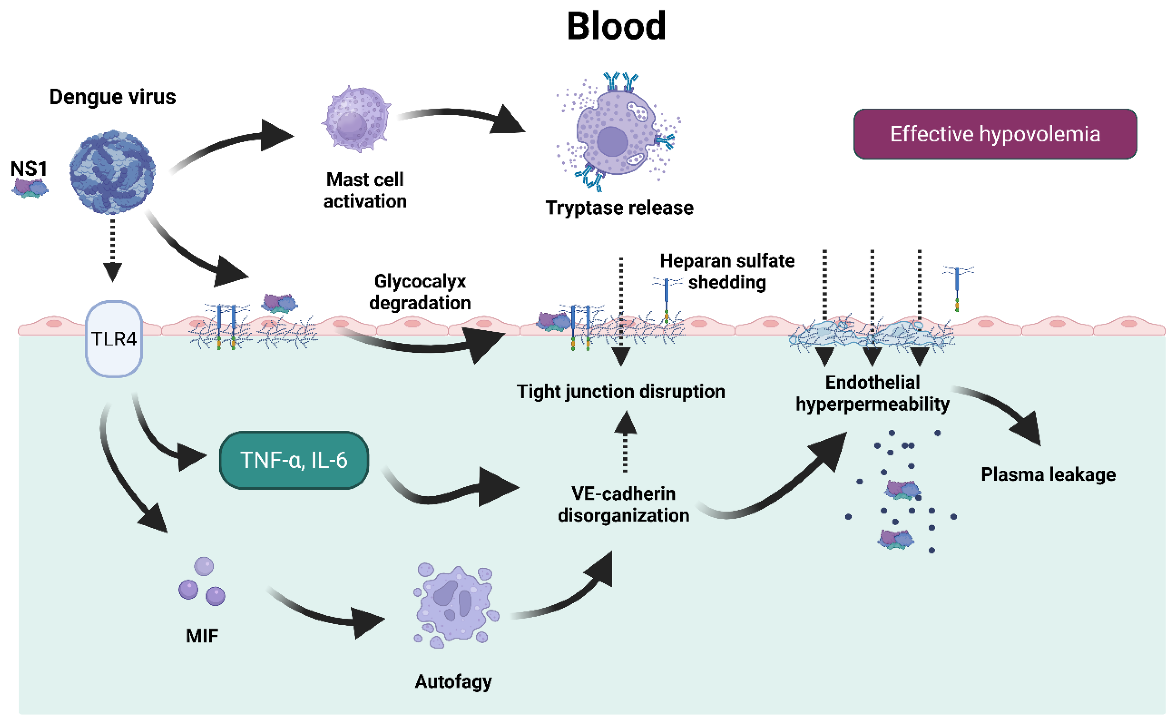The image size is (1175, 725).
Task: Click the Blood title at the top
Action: pos(616,26)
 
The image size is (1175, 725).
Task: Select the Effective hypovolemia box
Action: pos(995,134)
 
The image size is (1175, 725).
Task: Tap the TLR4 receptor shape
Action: pos(114,338)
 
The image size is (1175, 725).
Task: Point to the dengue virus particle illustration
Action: pos(112,172)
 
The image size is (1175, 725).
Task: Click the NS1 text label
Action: pos(29,169)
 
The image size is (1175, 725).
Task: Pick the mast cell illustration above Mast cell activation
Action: pos(356,119)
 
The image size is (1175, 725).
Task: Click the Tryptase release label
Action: pos(619,208)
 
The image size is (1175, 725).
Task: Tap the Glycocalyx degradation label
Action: pos(420,292)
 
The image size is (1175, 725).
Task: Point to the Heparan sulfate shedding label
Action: pos(727,271)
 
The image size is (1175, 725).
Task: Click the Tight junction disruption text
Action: pos(620,392)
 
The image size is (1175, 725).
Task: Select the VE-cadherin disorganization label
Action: pos(623,504)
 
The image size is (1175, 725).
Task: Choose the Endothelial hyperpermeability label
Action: pos(872,393)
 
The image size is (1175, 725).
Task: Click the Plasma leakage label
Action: pos(1048,474)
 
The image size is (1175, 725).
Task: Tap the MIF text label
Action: pos(202,636)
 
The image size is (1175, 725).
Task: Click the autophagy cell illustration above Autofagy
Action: pos(456,605)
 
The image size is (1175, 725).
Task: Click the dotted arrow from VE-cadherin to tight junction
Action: pos(625,441)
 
